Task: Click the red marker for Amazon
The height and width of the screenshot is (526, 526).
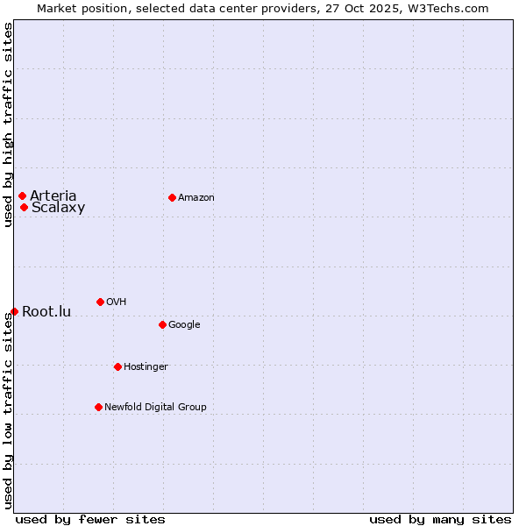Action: (172, 197)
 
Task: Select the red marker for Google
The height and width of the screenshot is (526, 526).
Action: (162, 324)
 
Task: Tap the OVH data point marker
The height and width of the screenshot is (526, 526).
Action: (100, 302)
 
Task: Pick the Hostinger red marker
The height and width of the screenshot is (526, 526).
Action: (117, 366)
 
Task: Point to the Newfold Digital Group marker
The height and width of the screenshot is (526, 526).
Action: (98, 407)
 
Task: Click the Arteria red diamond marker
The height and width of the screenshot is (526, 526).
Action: (22, 195)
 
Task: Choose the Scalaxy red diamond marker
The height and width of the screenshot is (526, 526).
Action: (24, 207)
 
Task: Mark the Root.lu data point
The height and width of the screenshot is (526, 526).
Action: (14, 311)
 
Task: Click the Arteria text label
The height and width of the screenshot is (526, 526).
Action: (53, 195)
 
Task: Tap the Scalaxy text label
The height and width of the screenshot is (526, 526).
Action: (58, 208)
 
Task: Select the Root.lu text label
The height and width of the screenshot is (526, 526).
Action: (46, 311)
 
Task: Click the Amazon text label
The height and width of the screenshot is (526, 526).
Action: (196, 197)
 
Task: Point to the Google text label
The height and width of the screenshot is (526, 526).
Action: (184, 324)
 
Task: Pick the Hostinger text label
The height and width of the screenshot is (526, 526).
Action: (146, 366)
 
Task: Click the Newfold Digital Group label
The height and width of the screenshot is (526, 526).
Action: (155, 407)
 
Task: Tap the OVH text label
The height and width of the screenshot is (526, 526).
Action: (116, 302)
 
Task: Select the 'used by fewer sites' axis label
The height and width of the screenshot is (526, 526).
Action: (90, 519)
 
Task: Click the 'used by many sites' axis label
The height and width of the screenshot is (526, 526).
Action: (440, 519)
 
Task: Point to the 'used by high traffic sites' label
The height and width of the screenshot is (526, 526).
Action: (8, 124)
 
